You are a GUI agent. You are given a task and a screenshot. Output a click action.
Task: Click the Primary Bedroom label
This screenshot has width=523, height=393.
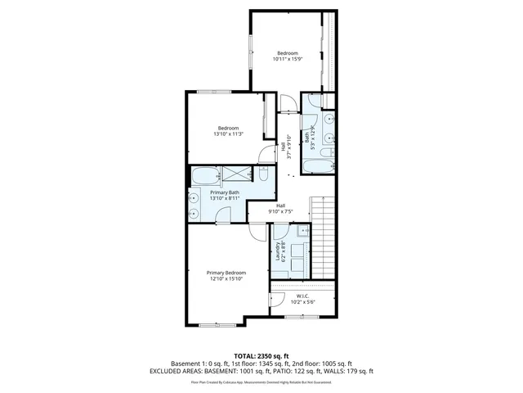[226, 273]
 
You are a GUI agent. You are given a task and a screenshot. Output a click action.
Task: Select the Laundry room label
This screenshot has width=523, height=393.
[279, 249]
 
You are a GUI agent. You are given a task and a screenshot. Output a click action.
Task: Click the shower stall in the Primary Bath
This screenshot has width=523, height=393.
[237, 174]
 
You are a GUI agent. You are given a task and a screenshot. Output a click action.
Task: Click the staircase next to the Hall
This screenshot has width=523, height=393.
[324, 237]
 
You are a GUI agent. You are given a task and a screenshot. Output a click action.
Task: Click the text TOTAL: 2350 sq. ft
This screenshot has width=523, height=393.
[261, 355]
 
